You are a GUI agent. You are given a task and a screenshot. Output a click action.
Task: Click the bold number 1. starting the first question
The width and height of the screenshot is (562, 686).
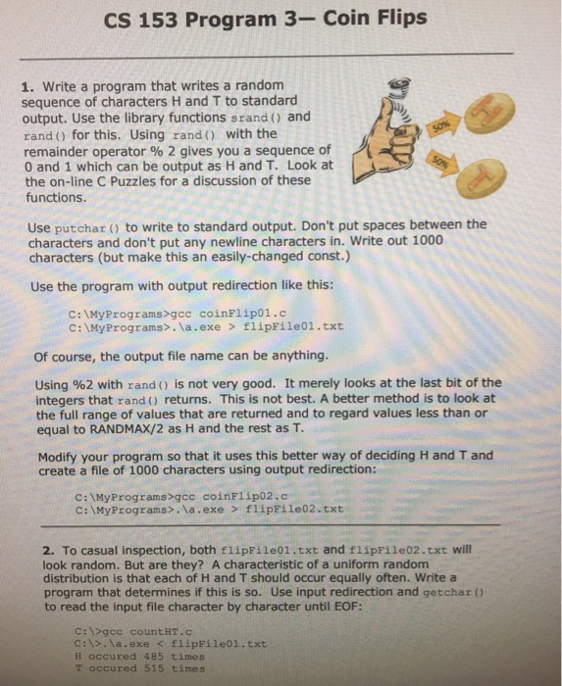click(x=26, y=86)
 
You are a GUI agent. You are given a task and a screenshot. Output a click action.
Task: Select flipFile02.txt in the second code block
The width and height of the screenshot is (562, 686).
click(x=295, y=509)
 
